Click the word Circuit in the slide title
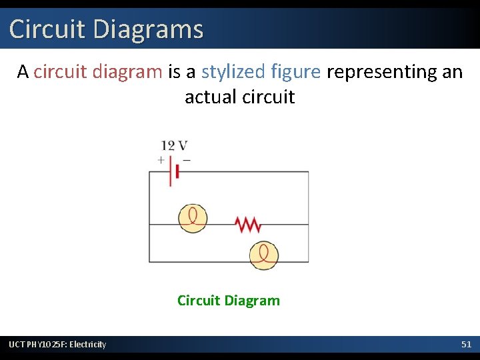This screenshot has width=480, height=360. click(47, 29)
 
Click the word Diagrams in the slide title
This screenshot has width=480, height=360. click(148, 29)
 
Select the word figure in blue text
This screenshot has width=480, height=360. click(296, 71)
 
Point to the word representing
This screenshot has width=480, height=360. click(381, 71)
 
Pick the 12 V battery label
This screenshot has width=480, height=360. click(173, 145)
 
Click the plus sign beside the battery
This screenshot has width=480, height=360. click(161, 160)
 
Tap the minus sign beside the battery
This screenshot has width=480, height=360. click(186, 160)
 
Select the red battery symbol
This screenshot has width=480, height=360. click(172, 172)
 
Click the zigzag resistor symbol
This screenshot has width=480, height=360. click(248, 225)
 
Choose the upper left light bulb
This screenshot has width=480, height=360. click(193, 218)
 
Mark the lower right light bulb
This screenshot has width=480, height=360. click(264, 255)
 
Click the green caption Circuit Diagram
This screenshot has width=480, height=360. click(229, 301)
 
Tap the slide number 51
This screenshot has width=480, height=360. click(467, 344)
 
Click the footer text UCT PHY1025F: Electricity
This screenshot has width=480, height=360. click(57, 344)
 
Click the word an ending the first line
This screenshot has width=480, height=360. click(452, 71)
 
